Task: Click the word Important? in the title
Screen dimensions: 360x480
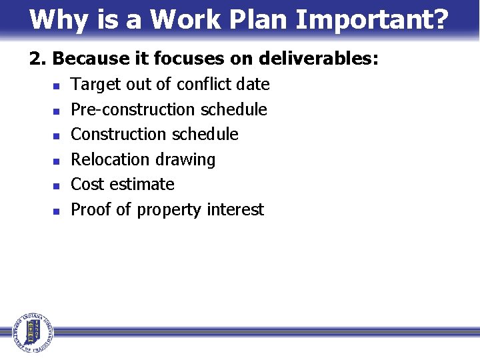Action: point(372,20)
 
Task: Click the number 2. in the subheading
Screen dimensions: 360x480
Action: point(38,59)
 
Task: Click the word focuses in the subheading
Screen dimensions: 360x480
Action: point(185,59)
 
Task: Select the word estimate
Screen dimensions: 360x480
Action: point(143,184)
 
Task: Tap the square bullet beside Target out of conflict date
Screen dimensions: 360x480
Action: point(57,86)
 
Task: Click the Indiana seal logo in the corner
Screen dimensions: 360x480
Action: point(32,331)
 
